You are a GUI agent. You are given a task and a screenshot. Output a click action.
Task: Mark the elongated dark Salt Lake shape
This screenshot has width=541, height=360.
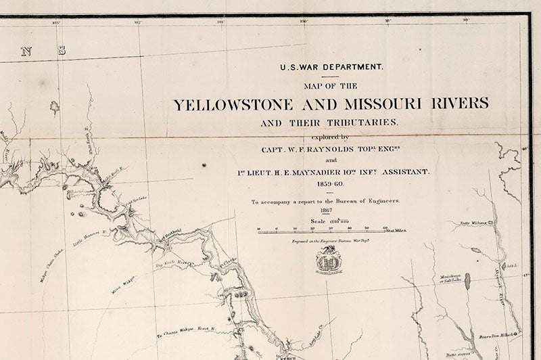467,281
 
